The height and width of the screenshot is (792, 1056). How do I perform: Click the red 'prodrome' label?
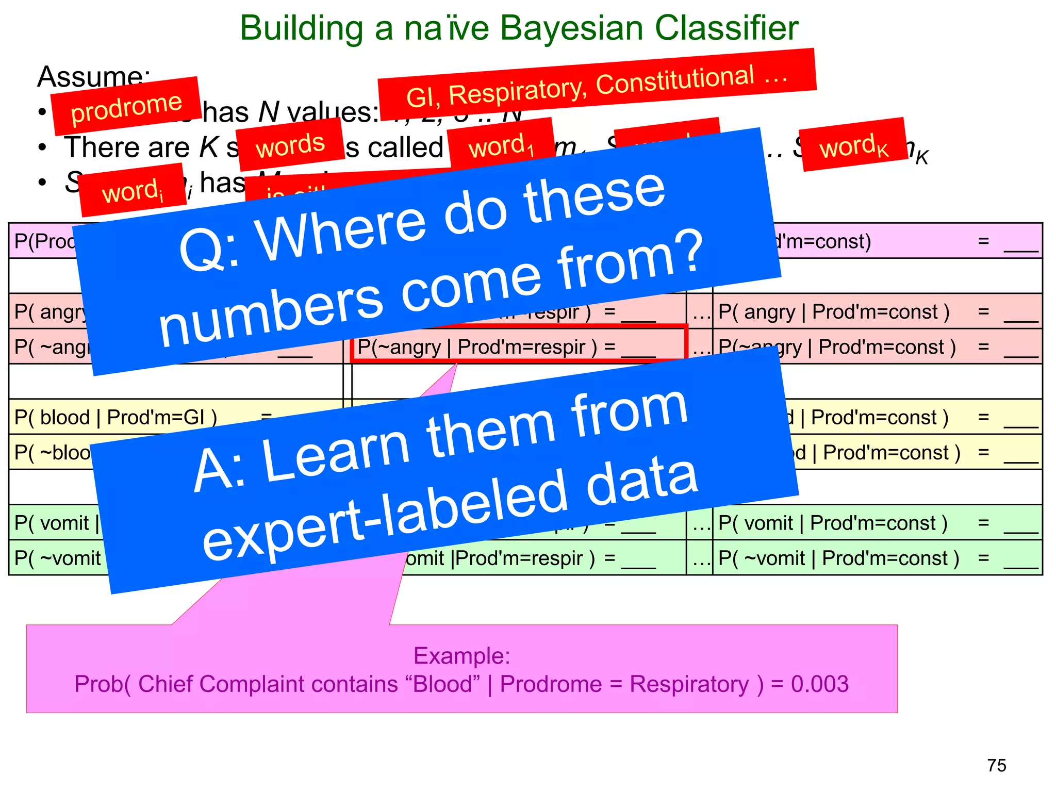(126, 106)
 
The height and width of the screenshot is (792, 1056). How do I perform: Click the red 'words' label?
(290, 145)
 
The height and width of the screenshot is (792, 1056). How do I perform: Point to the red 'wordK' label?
(854, 146)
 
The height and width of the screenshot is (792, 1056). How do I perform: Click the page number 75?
(996, 766)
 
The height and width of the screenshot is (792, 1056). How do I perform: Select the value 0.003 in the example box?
(820, 684)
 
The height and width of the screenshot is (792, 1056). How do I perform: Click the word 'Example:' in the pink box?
(461, 656)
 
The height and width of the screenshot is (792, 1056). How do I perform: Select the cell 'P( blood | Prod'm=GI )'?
(115, 417)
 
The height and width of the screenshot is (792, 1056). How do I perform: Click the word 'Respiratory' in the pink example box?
(689, 684)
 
